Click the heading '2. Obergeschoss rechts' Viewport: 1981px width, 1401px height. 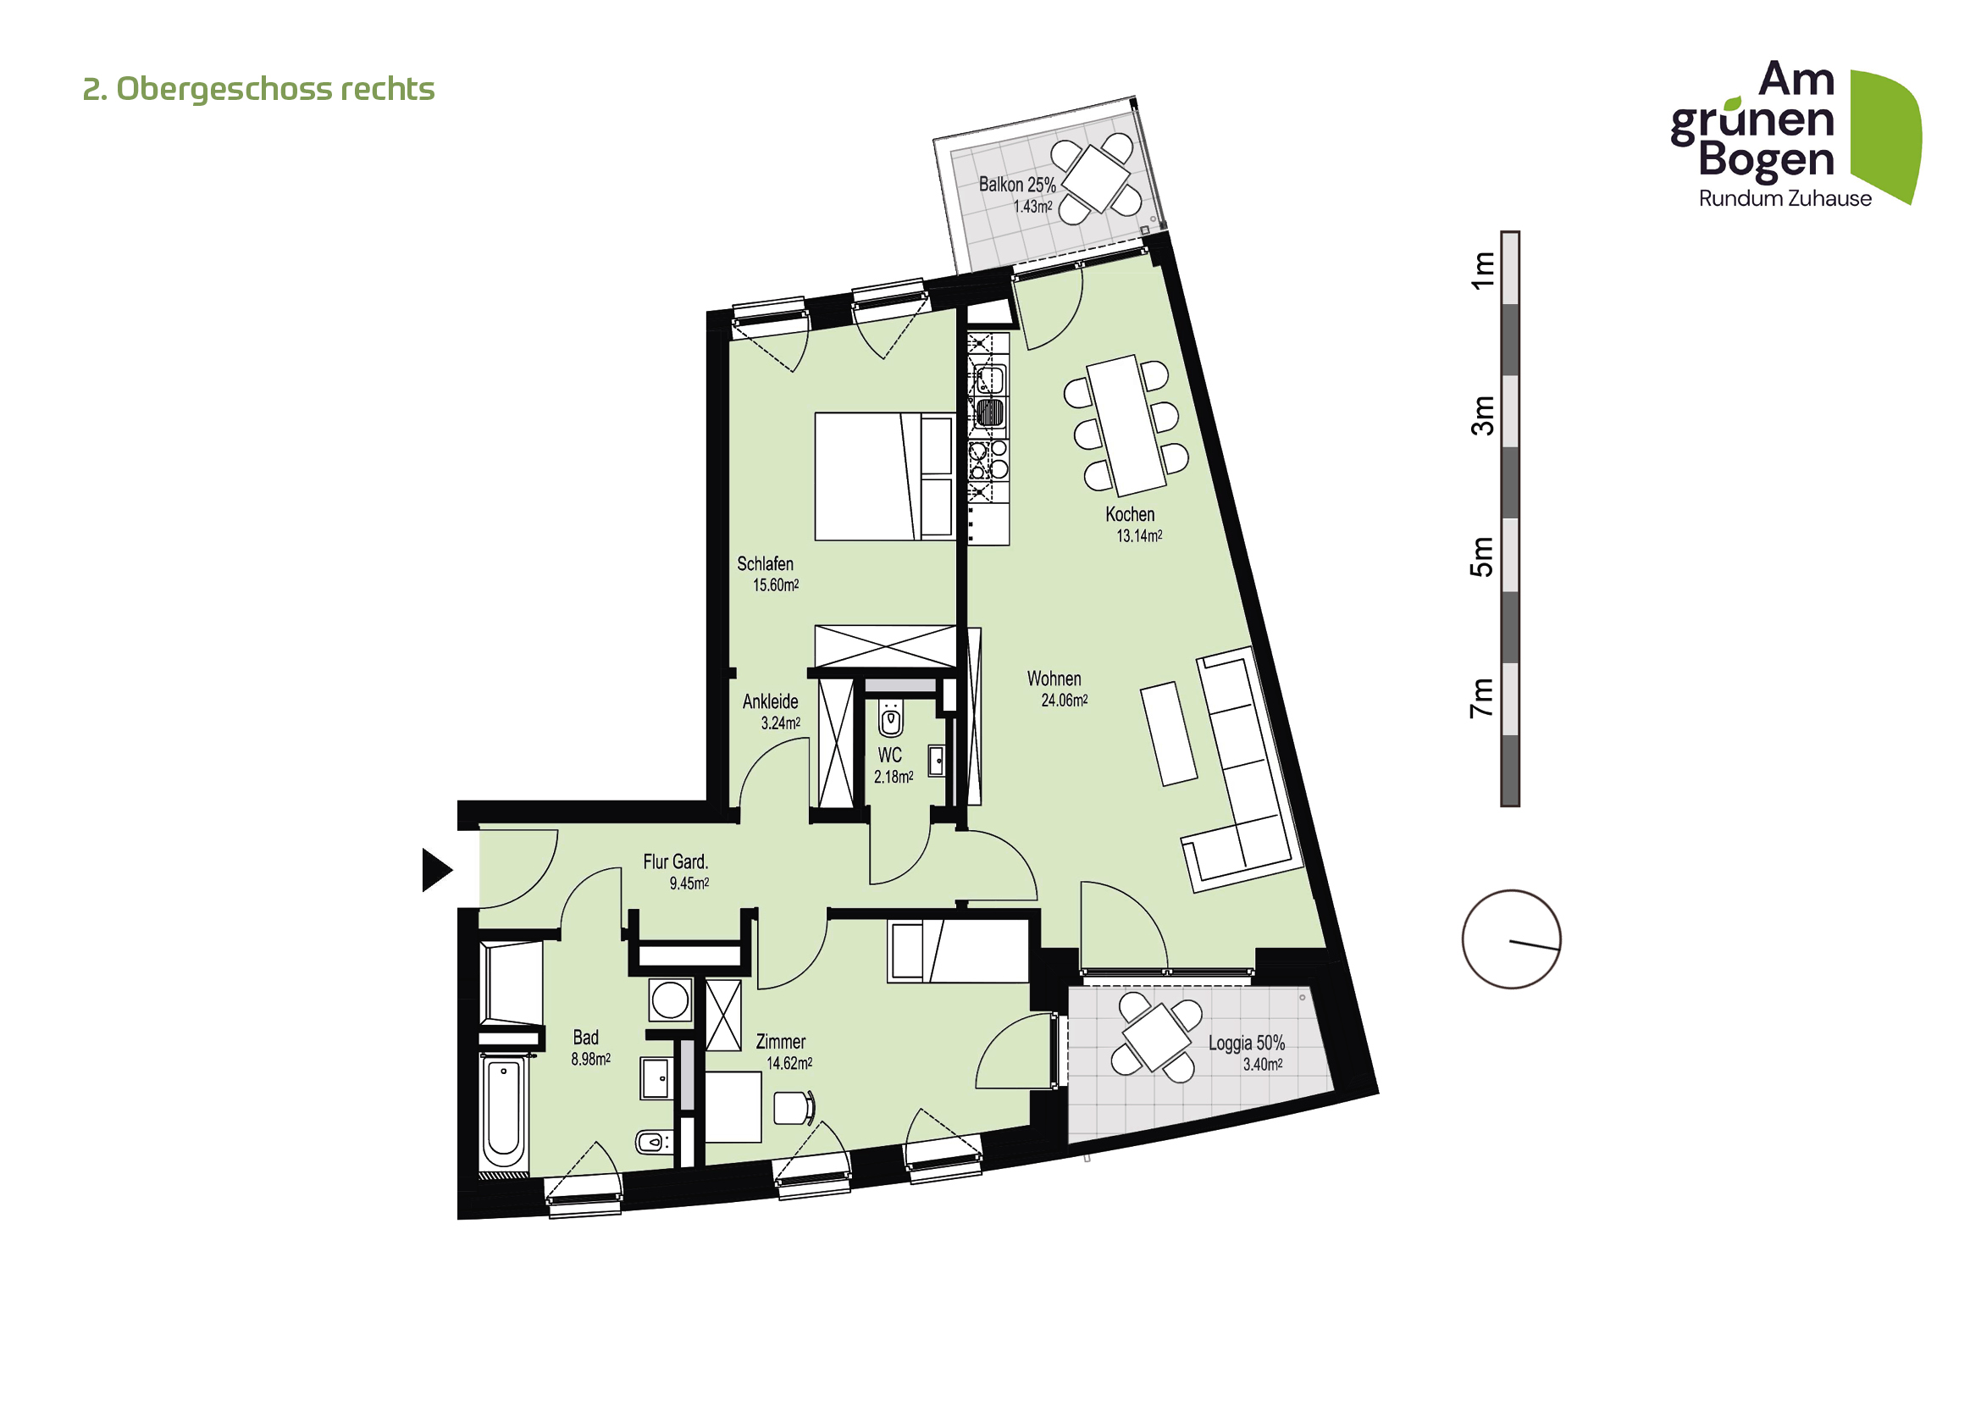[259, 89]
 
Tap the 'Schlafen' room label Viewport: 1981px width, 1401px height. [765, 564]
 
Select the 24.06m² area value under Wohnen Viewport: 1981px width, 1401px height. [1064, 700]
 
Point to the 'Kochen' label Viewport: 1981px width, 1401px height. [1130, 515]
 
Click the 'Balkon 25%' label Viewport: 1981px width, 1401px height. [1016, 185]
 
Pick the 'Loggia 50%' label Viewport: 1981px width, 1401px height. [1246, 1043]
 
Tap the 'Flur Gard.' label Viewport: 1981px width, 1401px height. [675, 861]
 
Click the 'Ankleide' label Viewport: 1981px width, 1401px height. [770, 702]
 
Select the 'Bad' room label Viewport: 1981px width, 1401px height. [585, 1038]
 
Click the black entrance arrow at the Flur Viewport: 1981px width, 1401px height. [434, 870]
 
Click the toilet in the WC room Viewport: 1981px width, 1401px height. [890, 717]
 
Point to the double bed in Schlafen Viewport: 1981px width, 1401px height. [883, 476]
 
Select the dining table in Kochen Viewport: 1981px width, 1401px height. [1126, 425]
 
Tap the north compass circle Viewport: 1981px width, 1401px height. [1511, 939]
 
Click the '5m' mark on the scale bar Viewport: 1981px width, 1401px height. [1481, 557]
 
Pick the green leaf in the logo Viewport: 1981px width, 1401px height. [1888, 134]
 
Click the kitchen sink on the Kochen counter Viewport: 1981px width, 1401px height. [989, 379]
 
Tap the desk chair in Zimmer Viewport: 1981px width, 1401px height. [792, 1108]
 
